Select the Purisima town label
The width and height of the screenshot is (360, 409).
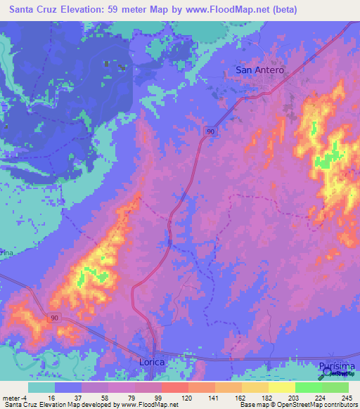click(333, 367)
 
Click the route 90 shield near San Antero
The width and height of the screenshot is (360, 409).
click(210, 131)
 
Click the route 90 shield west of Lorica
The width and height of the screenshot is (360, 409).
click(55, 318)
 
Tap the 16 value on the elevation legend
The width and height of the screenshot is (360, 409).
click(52, 398)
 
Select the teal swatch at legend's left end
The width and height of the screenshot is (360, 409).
click(41, 387)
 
